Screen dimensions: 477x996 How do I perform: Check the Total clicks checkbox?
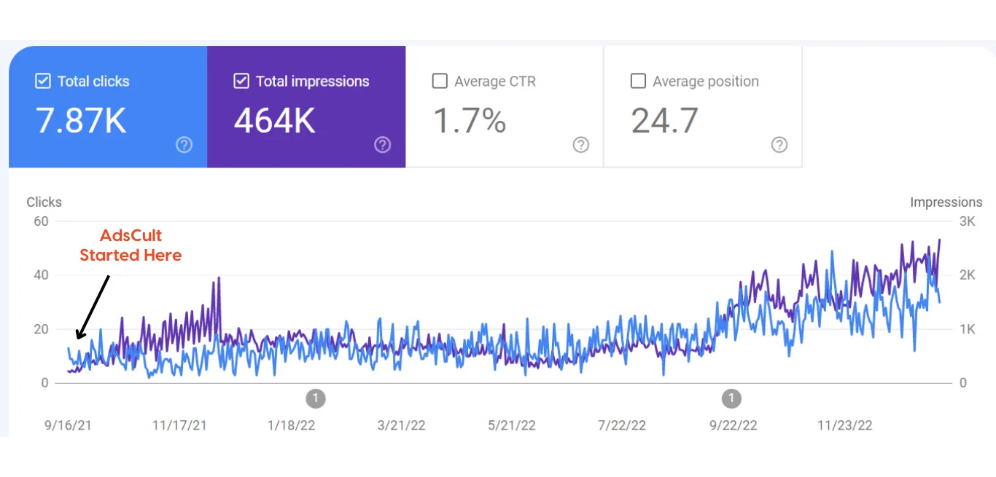pos(43,81)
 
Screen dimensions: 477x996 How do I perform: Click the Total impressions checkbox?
pos(241,81)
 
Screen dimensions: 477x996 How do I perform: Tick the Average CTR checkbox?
pos(440,81)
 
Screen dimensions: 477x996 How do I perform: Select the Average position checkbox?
pos(638,81)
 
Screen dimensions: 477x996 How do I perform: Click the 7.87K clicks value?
pos(81,121)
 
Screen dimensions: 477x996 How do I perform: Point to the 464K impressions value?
pos(274,121)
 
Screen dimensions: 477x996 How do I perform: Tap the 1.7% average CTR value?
pos(470,121)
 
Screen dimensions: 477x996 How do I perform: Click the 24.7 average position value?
pos(664,121)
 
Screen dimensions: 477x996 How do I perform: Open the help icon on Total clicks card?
pos(184,145)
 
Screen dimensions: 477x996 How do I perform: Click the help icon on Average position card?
pos(779,145)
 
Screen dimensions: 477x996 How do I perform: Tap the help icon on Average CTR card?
pos(581,145)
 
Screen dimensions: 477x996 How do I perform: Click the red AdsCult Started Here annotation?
pos(131,245)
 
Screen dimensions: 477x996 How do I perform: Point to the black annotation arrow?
pos(93,307)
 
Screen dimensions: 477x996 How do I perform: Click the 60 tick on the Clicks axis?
pos(40,221)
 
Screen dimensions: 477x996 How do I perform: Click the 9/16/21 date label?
pos(69,425)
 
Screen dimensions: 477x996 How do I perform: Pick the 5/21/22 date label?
pos(512,425)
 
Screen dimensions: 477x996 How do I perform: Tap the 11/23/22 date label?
pos(844,425)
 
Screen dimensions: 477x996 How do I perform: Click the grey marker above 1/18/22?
pos(315,398)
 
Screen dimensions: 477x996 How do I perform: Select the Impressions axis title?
pos(946,202)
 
